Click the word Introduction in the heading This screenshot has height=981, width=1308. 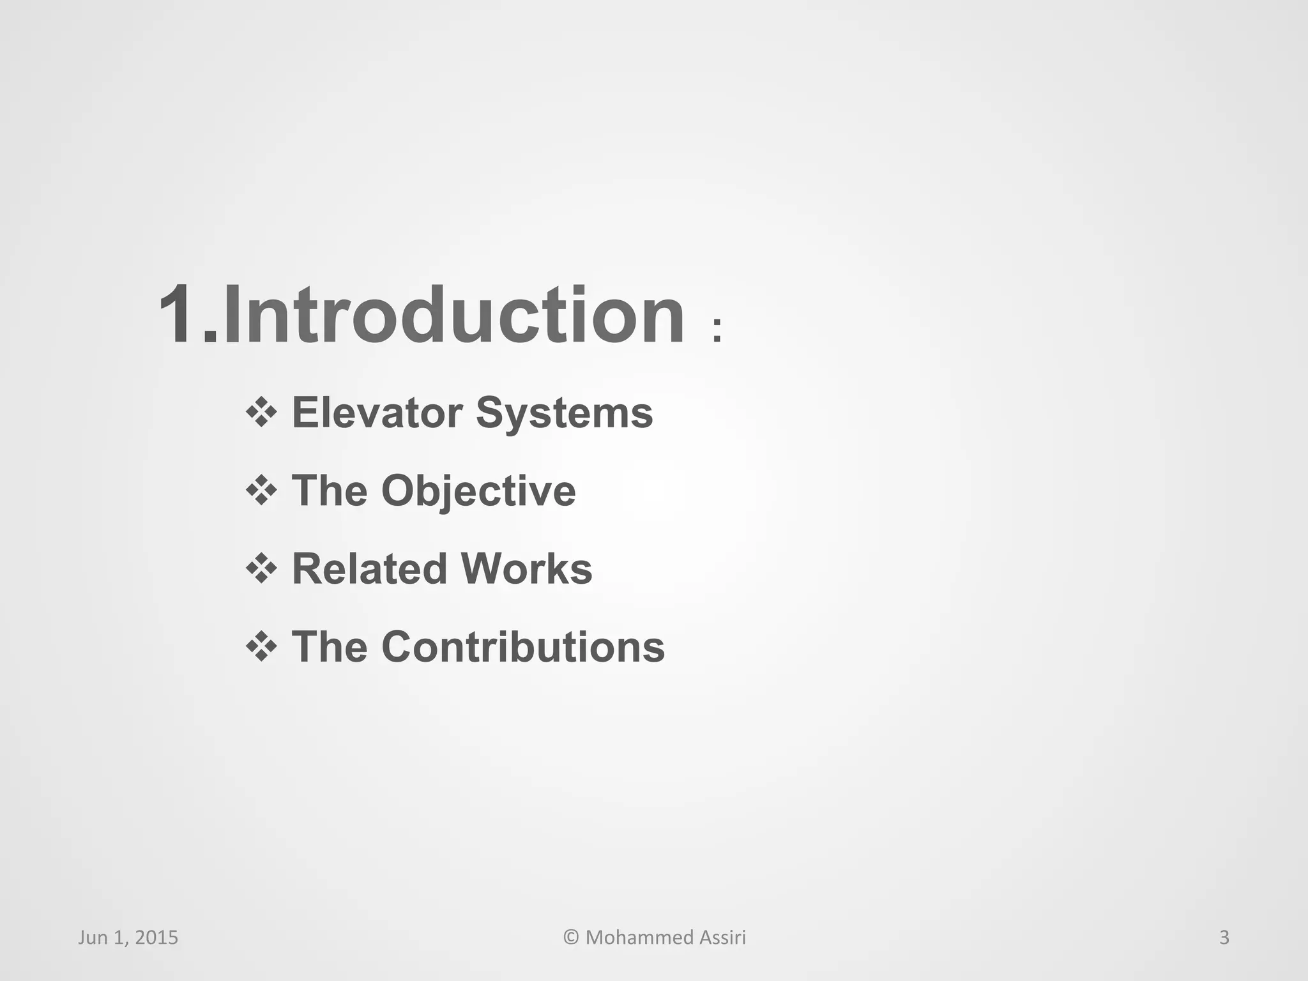click(x=453, y=315)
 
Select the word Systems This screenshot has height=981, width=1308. click(x=564, y=414)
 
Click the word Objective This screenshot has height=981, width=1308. click(x=478, y=492)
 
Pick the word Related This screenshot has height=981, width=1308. click(x=369, y=568)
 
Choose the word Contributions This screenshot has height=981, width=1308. click(x=523, y=647)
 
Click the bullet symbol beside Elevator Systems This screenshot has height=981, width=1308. click(x=261, y=413)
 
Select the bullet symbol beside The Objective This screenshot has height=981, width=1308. click(x=261, y=490)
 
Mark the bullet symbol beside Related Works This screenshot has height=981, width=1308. click(x=261, y=568)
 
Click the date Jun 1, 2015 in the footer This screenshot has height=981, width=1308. click(x=128, y=938)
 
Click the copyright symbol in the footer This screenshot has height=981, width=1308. click(x=571, y=938)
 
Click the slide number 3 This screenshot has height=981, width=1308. click(x=1224, y=938)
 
